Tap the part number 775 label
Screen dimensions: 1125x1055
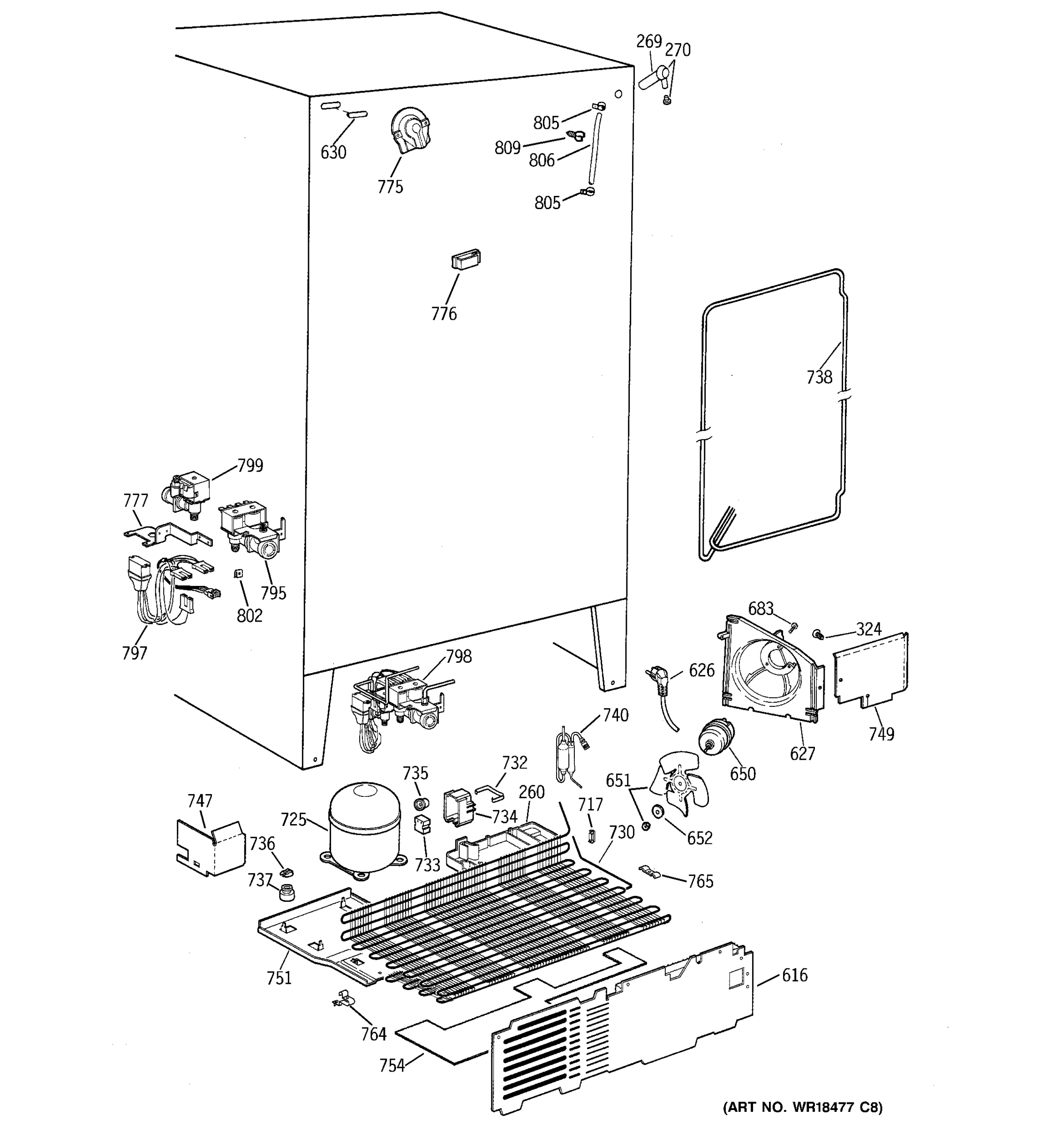[391, 187]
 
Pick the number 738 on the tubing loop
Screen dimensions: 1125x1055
[819, 377]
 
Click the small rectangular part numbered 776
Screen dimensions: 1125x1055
[465, 260]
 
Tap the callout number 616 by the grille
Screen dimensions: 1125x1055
[795, 975]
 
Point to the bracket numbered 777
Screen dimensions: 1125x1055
[167, 533]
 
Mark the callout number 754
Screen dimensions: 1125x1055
[392, 1065]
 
